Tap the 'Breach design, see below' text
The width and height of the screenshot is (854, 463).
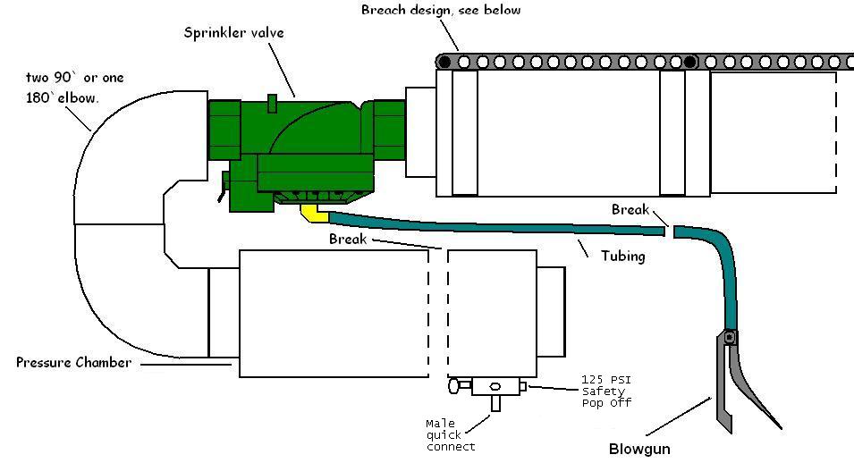[440, 11]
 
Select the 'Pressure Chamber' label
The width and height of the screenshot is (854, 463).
[73, 363]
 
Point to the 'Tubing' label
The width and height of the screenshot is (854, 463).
[623, 256]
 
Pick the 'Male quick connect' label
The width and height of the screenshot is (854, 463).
[451, 434]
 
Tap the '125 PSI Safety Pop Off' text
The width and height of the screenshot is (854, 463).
[606, 391]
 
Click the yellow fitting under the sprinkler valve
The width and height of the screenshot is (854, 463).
[312, 213]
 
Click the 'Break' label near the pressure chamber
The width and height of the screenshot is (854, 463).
[348, 240]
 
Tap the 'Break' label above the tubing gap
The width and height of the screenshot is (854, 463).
[630, 210]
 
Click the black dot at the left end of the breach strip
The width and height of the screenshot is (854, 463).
[444, 63]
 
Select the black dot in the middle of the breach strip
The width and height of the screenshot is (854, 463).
[690, 63]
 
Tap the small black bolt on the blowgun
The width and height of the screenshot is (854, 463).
[730, 337]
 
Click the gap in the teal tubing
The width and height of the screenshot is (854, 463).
[669, 231]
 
